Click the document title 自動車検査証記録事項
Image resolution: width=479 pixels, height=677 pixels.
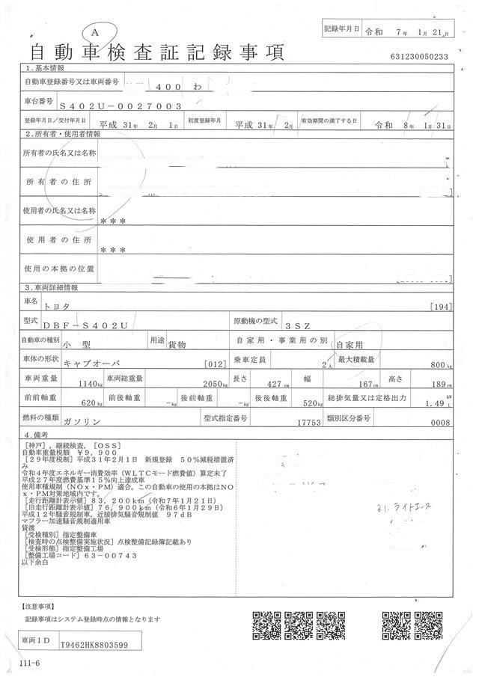(157, 53)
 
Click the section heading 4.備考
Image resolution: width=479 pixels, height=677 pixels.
(37, 434)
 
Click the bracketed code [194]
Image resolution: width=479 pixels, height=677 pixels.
(442, 307)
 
